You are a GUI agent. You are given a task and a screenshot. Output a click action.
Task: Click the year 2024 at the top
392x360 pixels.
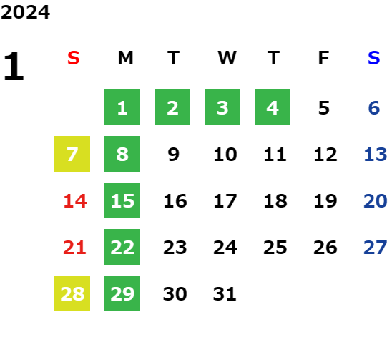[x=25, y=12]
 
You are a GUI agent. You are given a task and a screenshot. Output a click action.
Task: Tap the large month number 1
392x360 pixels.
[x=14, y=66]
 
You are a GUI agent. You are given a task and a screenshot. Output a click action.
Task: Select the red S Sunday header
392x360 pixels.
[x=74, y=58]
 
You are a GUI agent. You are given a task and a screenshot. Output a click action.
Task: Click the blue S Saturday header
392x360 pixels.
[x=373, y=58]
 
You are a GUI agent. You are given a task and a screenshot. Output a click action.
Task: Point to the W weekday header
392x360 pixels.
[x=227, y=58]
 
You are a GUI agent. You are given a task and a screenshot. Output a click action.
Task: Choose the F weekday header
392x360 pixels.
[x=323, y=58]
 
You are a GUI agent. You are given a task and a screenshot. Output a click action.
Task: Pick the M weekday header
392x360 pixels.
[x=125, y=58]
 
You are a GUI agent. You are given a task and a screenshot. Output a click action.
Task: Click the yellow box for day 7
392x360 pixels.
[x=72, y=154]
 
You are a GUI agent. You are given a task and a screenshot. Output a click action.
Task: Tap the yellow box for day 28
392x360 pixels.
[x=72, y=293]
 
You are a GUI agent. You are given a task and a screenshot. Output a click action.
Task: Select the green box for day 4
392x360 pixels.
[x=273, y=107]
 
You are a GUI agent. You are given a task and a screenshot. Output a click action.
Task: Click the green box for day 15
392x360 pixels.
[x=122, y=200]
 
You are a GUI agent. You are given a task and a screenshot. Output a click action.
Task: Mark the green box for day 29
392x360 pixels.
[x=122, y=293]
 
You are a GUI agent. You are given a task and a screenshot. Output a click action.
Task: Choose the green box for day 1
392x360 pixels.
[x=122, y=107]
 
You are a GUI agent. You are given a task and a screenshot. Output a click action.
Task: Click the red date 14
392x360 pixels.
[x=75, y=201]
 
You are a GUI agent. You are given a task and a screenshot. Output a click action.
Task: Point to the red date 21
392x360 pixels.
[x=74, y=248]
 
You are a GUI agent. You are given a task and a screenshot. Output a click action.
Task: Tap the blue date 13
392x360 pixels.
[x=376, y=155]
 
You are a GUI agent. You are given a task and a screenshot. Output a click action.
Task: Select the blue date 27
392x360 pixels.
[x=376, y=248]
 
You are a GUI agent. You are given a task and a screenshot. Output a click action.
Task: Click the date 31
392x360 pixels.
[x=225, y=294]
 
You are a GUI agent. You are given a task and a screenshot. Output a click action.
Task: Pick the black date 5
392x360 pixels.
[x=324, y=108]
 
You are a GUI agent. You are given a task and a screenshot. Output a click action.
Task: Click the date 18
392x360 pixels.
[x=275, y=201]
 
